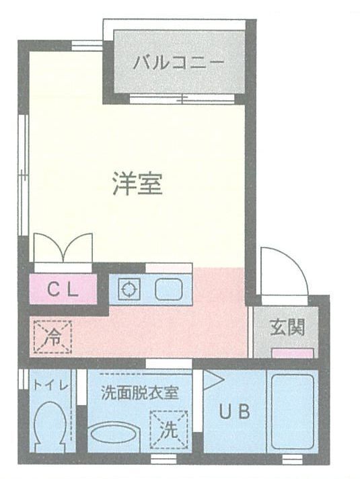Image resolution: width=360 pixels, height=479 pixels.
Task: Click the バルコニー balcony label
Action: coord(179,63)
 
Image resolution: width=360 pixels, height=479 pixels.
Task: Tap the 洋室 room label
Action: coord(137,184)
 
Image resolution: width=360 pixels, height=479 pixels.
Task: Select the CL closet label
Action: coord(63,289)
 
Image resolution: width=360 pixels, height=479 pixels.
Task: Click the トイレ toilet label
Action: coord(50,385)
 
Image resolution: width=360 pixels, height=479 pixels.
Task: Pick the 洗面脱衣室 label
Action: coord(140,392)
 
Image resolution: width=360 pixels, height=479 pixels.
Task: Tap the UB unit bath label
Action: coord(235,411)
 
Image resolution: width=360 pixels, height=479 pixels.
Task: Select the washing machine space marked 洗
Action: coord(169,429)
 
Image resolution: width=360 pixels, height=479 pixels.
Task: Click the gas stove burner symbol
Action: coord(129,289)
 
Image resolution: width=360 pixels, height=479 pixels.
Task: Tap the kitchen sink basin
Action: coord(169,289)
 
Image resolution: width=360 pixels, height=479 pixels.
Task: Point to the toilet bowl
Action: coord(50,427)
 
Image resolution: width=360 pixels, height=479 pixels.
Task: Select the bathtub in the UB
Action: coord(293,412)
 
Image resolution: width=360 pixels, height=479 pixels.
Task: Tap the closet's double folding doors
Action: coord(63,248)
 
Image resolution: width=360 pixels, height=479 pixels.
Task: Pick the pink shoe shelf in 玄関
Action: coord(293,353)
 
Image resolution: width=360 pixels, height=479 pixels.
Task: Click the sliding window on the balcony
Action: coord(182,99)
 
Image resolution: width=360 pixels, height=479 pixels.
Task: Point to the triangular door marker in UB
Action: coord(213,379)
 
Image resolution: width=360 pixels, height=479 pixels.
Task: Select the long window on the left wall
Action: coord(23,175)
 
